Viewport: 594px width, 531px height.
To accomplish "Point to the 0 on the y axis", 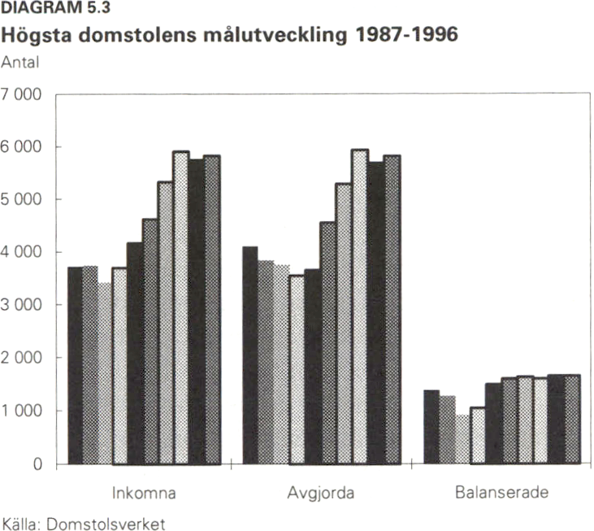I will point(37,464).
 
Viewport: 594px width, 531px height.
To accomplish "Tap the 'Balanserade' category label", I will point(502,493).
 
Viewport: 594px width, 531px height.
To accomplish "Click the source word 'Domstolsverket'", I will point(106,524).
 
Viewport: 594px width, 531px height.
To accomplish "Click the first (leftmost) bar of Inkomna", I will point(75,365).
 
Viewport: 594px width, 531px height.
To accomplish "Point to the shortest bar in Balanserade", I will point(462,439).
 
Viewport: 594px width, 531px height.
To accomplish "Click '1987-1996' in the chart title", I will point(405,37).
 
